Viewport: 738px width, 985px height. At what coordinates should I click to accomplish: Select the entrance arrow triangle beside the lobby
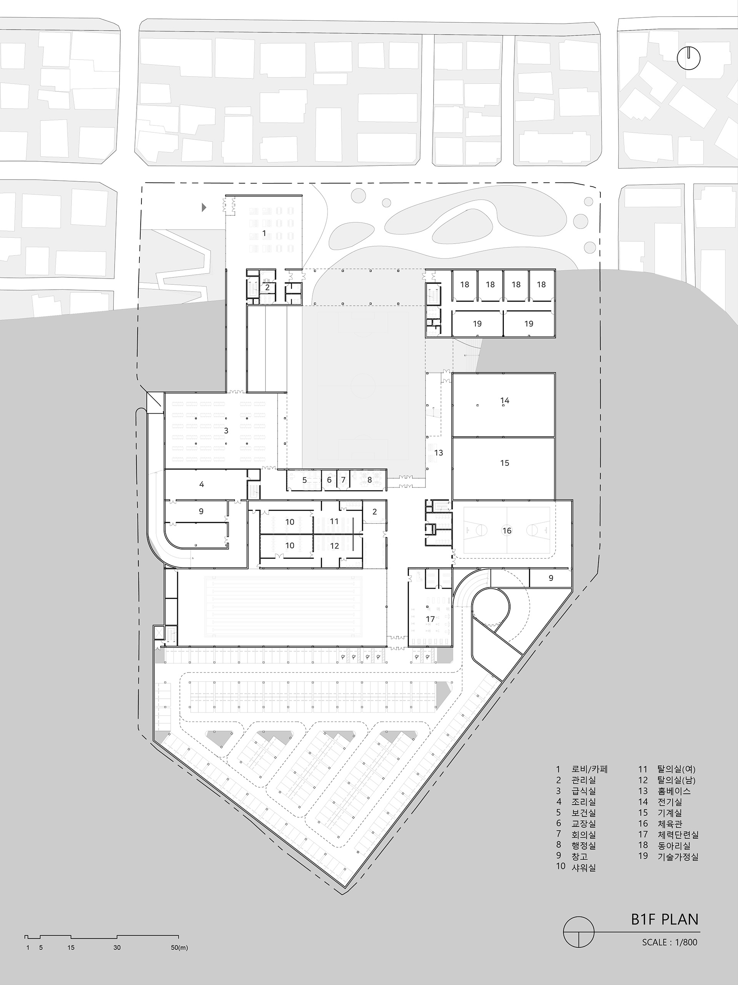(204, 207)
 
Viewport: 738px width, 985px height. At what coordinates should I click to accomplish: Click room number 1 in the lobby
(264, 233)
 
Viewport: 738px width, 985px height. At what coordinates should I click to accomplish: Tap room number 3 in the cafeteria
(226, 431)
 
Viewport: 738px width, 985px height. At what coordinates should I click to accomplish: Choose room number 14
(504, 401)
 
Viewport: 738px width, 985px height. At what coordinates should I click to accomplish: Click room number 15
(504, 463)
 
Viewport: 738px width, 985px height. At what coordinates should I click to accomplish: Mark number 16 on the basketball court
(507, 530)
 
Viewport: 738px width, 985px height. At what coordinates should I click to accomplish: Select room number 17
(430, 619)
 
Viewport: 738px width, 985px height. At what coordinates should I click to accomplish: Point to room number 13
(439, 453)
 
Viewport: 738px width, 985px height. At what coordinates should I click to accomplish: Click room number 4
(201, 484)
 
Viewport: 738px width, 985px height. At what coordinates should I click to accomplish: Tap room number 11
(334, 521)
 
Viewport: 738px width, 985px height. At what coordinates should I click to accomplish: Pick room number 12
(334, 546)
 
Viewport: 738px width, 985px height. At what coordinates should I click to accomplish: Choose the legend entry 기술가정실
(678, 856)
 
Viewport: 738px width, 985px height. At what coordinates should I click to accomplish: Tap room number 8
(370, 480)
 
